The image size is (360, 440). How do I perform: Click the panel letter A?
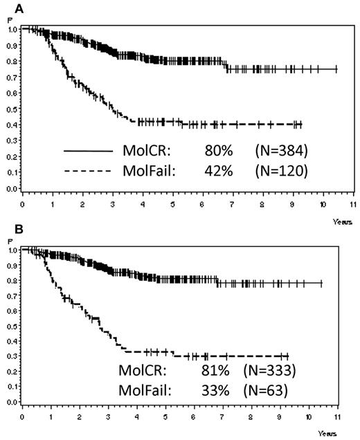[x=12, y=6]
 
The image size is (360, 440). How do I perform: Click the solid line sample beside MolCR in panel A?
[x=88, y=149]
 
